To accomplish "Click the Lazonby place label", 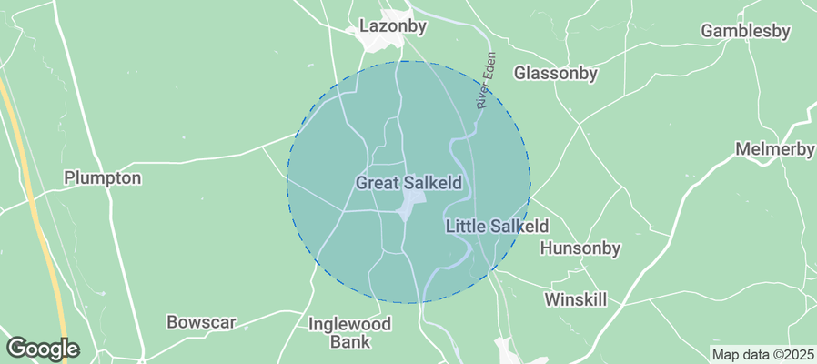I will pos(392,26).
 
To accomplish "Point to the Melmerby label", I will pos(774,149).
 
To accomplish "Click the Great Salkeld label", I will pos(408,183).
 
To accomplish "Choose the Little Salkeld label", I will pos(497,226).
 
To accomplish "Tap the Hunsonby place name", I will pos(580,248).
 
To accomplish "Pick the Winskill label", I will pos(575,298).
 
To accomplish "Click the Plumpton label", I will pos(103,177).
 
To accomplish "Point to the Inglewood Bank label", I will pos(349,332).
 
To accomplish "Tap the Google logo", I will pos(42,348).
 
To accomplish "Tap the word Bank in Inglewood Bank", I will pos(350,342).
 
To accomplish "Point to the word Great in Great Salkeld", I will pos(377,183).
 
